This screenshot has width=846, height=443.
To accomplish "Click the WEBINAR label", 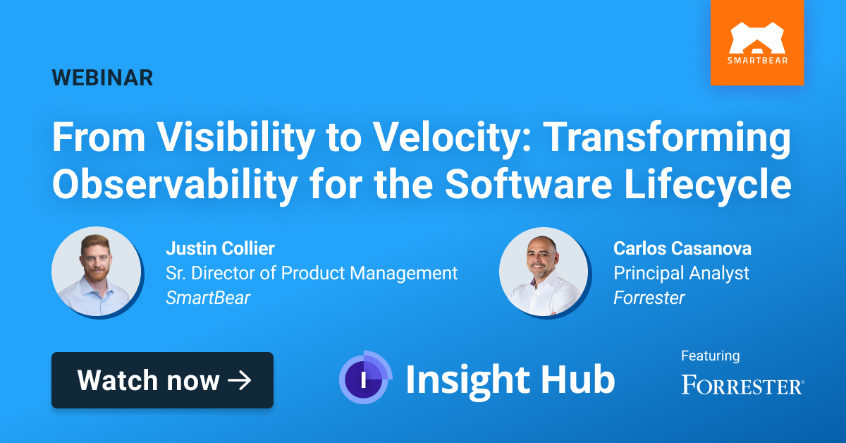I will pyautogui.click(x=102, y=78).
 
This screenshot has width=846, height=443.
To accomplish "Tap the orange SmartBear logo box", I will pyautogui.click(x=757, y=42).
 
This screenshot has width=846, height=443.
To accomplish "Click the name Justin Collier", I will pyautogui.click(x=220, y=248).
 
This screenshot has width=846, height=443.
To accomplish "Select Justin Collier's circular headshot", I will pyautogui.click(x=95, y=272).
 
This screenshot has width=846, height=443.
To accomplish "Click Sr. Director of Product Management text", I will pyautogui.click(x=312, y=273).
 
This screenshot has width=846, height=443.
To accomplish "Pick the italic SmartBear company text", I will pyautogui.click(x=208, y=298).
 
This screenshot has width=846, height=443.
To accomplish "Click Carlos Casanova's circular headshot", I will pyautogui.click(x=542, y=272).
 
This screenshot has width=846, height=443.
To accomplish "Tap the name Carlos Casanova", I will pyautogui.click(x=682, y=248).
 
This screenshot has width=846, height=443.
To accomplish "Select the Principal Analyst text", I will pyautogui.click(x=681, y=273).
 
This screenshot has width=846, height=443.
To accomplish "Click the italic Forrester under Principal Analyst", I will pyautogui.click(x=649, y=298).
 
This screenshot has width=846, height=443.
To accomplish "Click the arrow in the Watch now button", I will pyautogui.click(x=240, y=381).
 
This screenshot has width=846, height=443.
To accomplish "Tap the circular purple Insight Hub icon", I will pyautogui.click(x=364, y=380).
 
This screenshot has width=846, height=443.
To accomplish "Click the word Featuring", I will pyautogui.click(x=710, y=356).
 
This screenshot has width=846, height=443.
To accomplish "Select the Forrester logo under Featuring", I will pyautogui.click(x=742, y=385).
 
